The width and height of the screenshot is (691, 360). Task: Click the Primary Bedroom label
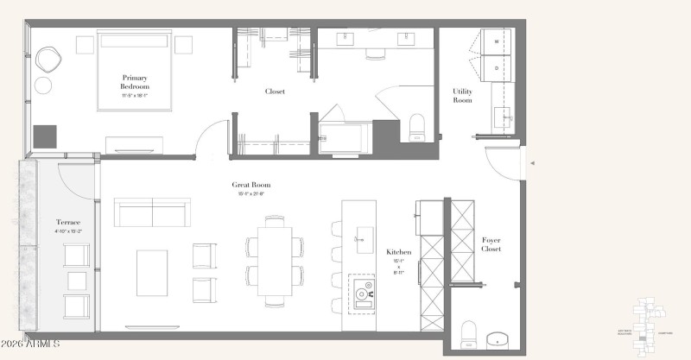coord(136,82)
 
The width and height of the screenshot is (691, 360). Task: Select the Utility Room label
coord(462,96)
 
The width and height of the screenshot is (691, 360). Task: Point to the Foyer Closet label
coord(491,244)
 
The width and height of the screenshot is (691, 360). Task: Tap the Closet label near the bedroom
coord(275,92)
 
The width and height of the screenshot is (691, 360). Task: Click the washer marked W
coord(497,41)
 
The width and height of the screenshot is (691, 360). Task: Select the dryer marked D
coord(497,67)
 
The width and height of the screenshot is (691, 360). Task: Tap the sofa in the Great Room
coord(152,212)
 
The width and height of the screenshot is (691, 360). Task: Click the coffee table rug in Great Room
coord(152,272)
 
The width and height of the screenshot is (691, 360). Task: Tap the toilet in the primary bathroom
coord(417,127)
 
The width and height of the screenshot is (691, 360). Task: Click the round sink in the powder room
coord(498,338)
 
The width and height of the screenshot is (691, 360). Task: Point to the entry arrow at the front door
coord(532,162)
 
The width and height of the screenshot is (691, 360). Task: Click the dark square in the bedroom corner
coord(45,137)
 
